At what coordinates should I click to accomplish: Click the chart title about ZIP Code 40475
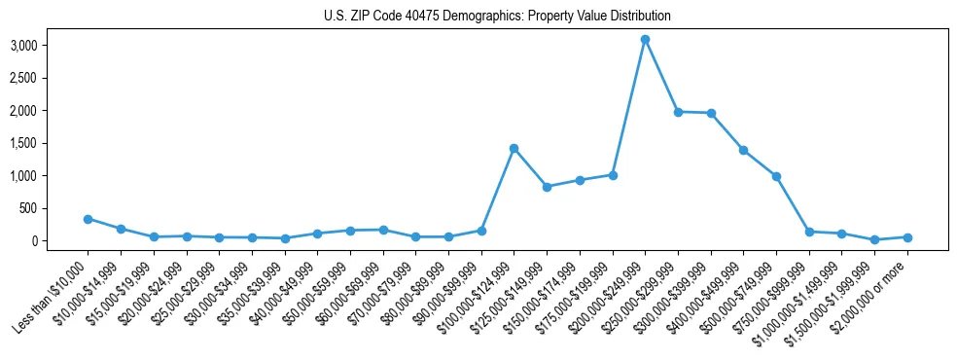(x=497, y=16)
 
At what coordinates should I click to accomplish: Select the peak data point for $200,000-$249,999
(x=645, y=39)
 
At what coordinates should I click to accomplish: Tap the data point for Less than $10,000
(x=88, y=219)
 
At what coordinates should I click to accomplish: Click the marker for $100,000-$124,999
(x=514, y=148)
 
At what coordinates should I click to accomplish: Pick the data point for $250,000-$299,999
(x=678, y=112)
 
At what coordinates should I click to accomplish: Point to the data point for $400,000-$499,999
(x=743, y=150)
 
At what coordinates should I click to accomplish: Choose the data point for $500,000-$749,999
(x=776, y=176)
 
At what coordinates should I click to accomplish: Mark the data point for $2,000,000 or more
(x=907, y=237)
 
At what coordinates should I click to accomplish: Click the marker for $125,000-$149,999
(x=547, y=187)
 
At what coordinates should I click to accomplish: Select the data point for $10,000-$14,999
(x=121, y=229)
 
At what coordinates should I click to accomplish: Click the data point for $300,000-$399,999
(x=711, y=113)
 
